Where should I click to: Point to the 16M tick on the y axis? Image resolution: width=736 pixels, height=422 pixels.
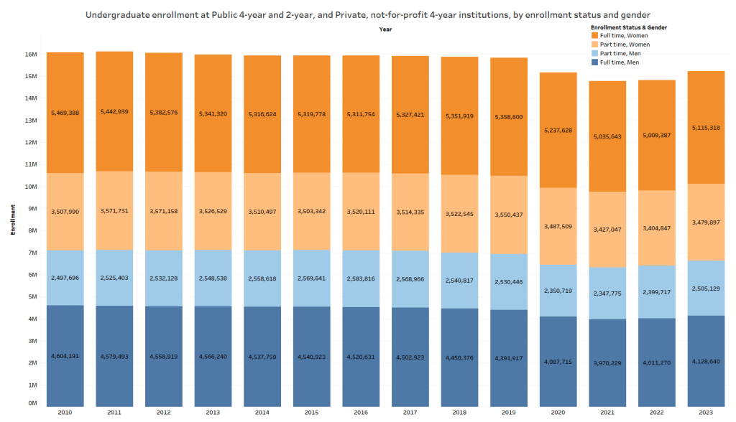(31, 55)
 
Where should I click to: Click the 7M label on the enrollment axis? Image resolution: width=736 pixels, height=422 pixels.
(32, 253)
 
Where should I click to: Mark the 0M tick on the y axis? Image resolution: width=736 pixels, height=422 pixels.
(32, 403)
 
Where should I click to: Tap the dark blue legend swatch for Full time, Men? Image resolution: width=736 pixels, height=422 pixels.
(594, 63)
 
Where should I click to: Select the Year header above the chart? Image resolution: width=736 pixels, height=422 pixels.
(386, 29)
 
